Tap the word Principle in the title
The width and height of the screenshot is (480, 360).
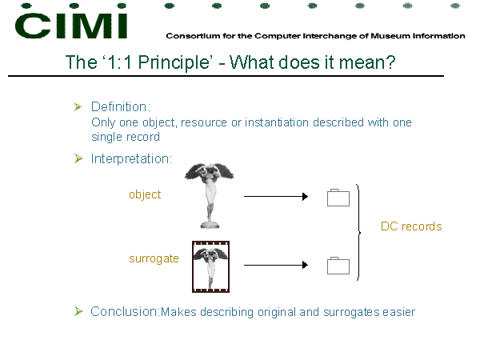[x=174, y=63]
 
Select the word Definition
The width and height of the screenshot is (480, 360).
[x=121, y=107]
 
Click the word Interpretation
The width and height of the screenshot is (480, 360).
[x=131, y=159]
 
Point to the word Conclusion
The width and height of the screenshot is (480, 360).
[x=125, y=312]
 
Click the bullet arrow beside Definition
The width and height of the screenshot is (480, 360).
[x=78, y=107]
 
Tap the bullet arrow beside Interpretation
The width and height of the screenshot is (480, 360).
[x=78, y=158]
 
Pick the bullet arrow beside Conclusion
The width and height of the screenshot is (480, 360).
[x=78, y=311]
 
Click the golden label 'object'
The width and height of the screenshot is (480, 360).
[x=145, y=194]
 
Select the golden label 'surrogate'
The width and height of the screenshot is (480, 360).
[x=154, y=258]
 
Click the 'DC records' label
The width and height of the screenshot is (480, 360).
[x=411, y=226]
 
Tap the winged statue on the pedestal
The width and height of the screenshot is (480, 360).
[x=210, y=195]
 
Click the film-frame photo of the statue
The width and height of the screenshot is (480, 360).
[x=210, y=266]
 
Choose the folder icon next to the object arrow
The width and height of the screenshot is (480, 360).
[x=338, y=198]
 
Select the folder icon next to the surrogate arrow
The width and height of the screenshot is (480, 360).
[x=338, y=266]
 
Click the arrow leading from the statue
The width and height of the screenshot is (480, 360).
[x=276, y=197]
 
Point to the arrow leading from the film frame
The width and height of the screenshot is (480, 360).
[x=276, y=265]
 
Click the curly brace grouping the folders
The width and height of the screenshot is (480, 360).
[x=359, y=232]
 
